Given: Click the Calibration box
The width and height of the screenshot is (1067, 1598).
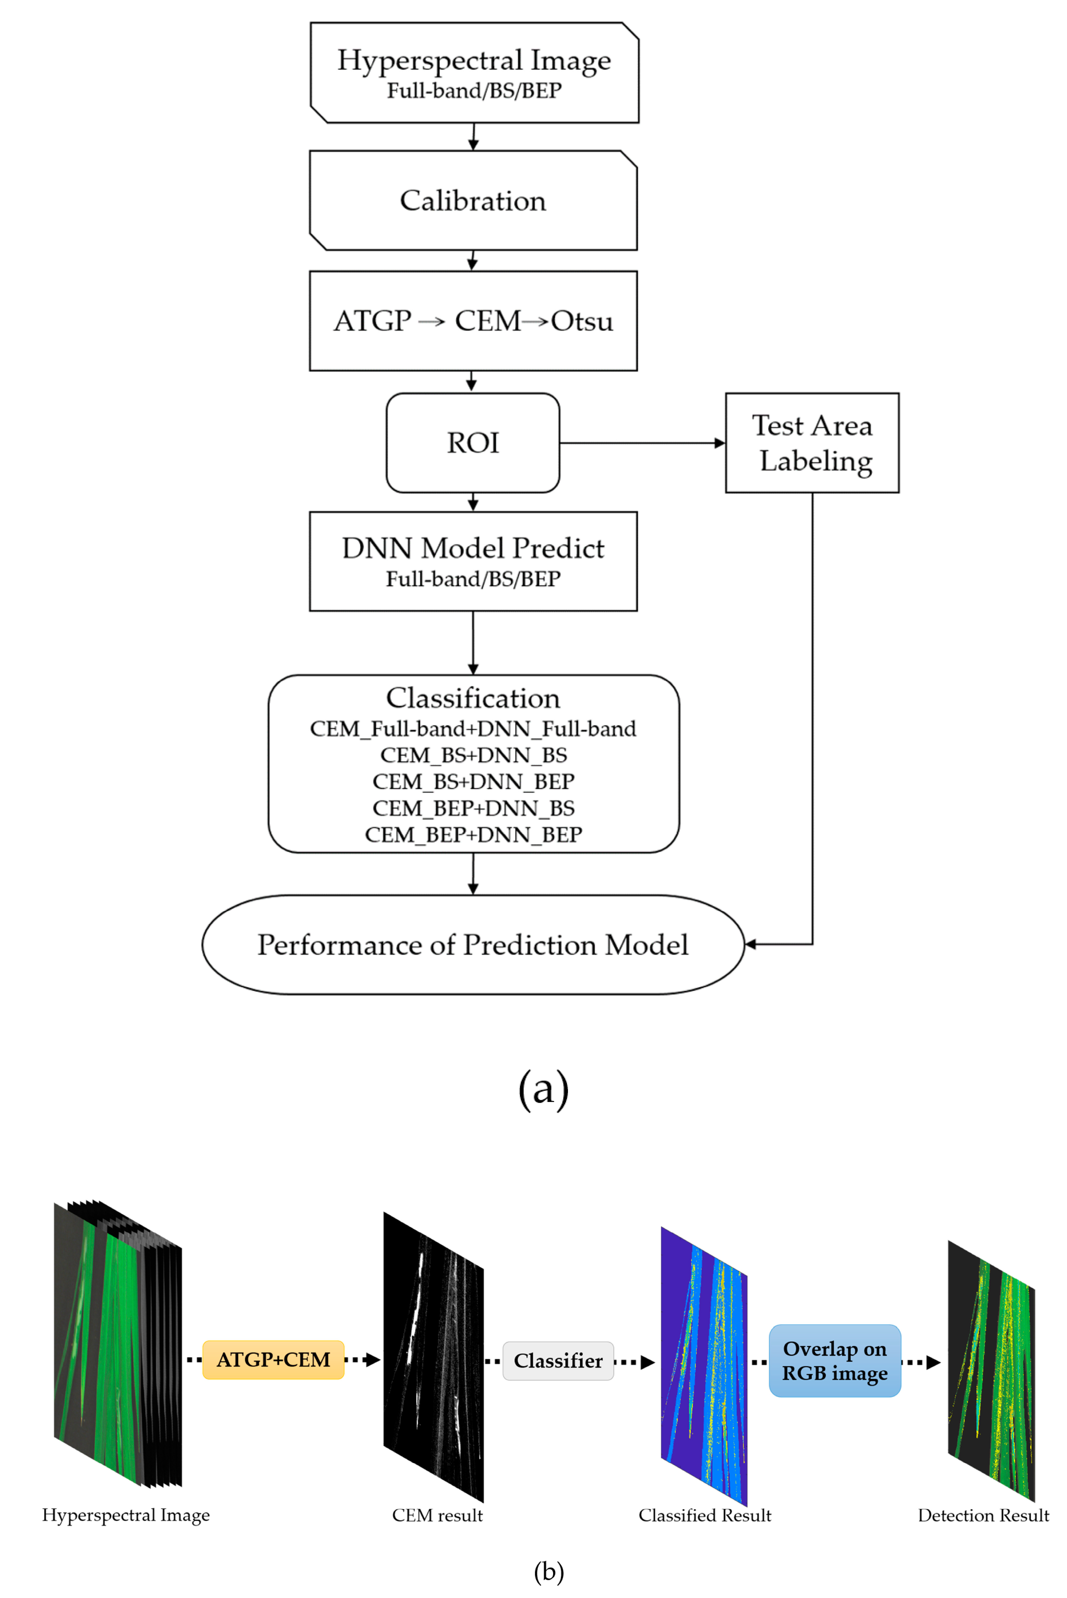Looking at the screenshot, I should point(473,201).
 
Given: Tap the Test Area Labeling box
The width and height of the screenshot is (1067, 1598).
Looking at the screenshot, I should point(812,443).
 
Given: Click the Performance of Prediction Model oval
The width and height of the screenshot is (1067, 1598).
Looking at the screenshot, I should point(473,945).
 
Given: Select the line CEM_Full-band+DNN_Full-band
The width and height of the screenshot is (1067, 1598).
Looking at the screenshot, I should point(473,729).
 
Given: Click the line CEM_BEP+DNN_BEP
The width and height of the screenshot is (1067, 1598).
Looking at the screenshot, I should point(473,834).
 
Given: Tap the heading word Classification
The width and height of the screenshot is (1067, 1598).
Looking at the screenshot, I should point(473,698).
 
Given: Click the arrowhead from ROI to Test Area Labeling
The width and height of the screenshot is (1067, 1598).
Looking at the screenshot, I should point(720,443).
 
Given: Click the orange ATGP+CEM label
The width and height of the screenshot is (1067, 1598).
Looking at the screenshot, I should point(273,1360).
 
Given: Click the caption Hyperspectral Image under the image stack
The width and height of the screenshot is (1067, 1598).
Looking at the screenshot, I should point(126,1515).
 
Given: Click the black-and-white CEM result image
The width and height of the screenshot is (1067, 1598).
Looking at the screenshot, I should point(433,1358).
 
